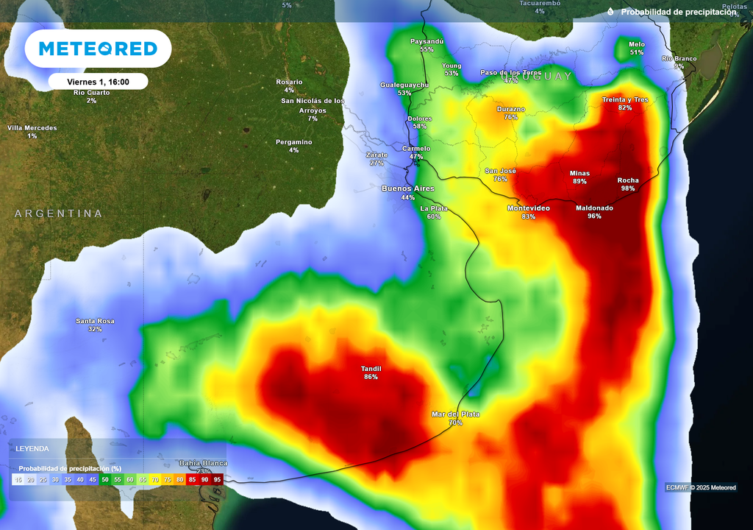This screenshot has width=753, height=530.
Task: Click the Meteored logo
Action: [x=98, y=49]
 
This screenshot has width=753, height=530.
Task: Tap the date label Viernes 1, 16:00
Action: [x=98, y=82]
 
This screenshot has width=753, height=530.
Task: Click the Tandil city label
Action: [x=371, y=369]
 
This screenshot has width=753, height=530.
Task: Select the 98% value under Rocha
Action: [x=627, y=188]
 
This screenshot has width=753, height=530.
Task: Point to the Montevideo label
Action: [x=528, y=208]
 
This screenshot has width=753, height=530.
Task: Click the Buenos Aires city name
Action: [x=408, y=189]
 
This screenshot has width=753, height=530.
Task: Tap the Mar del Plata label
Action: [x=455, y=414]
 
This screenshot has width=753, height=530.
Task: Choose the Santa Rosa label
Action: [x=95, y=321]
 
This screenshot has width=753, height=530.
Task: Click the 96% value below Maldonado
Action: [x=594, y=216]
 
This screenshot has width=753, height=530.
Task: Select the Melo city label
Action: [x=636, y=44]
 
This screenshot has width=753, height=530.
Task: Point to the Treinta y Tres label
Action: [x=625, y=99]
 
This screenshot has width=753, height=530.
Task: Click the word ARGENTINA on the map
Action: [x=59, y=213]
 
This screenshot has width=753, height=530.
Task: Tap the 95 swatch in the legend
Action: [x=217, y=480]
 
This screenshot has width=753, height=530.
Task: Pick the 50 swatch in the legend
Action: [x=105, y=480]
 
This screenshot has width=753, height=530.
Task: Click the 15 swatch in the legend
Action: [x=18, y=480]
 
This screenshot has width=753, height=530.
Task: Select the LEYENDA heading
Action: [x=32, y=448]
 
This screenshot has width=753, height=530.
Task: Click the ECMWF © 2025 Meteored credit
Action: [x=700, y=487]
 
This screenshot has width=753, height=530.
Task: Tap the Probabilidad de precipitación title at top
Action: [x=678, y=12]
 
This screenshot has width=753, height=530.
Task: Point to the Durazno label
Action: [x=510, y=109]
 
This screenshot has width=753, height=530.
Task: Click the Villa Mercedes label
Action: [x=32, y=128]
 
